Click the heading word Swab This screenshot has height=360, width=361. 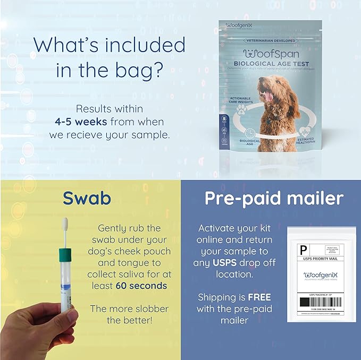(86, 198)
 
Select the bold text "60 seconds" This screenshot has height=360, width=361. (141, 286)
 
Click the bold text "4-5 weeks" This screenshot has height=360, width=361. (79, 121)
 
